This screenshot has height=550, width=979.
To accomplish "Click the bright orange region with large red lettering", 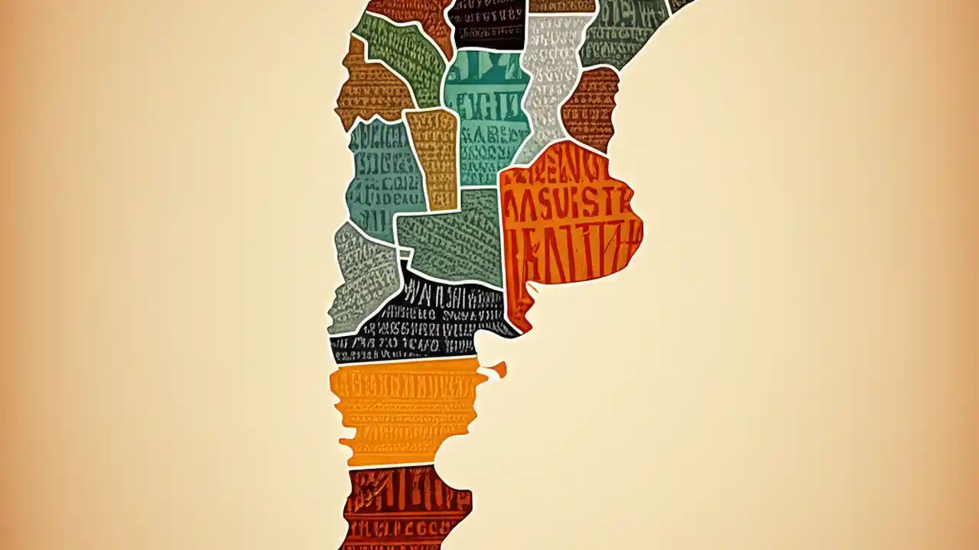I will tap(570, 222).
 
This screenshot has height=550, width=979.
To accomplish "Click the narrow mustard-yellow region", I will tap(433, 157).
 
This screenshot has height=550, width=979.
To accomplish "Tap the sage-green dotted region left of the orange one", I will tap(451, 237).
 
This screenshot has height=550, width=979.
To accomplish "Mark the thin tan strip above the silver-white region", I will tap(562, 6).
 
